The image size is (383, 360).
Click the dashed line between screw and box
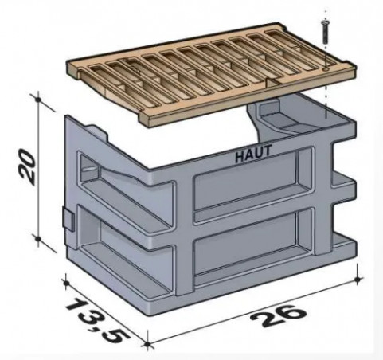click(x=326, y=96)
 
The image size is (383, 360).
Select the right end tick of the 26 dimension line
click(x=359, y=278)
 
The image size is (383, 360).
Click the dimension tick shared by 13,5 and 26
click(x=148, y=344)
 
